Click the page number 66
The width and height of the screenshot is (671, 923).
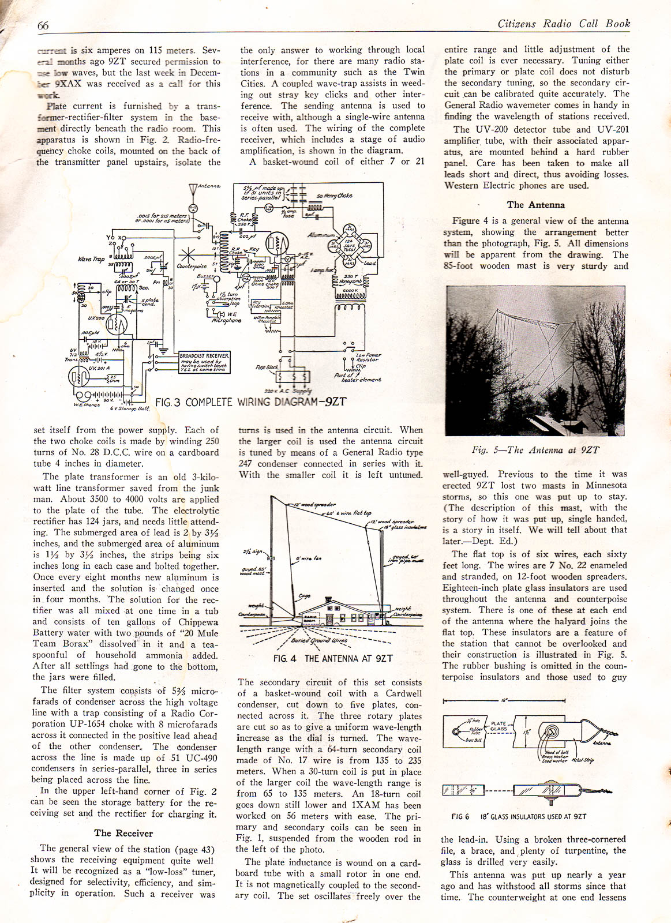coord(43,25)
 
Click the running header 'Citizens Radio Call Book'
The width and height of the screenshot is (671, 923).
coord(563,24)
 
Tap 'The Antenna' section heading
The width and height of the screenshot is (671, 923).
coord(535,205)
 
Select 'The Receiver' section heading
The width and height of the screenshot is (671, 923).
coord(123,833)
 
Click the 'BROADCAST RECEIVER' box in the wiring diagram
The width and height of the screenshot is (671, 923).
coord(204,361)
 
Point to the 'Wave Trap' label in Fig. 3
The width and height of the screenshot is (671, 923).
coord(92,259)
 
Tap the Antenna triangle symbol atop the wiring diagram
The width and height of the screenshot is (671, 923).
coord(193,189)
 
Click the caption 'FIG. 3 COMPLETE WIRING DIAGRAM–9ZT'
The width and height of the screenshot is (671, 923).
coord(251,402)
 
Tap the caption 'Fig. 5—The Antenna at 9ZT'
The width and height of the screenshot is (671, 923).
coord(535,450)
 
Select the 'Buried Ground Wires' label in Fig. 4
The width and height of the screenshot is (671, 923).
coord(328,640)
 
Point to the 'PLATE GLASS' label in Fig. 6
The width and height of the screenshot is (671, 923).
coord(498,726)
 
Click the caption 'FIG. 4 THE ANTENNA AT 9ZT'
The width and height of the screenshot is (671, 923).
coord(333,658)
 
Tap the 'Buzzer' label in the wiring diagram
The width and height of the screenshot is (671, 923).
coord(205,276)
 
